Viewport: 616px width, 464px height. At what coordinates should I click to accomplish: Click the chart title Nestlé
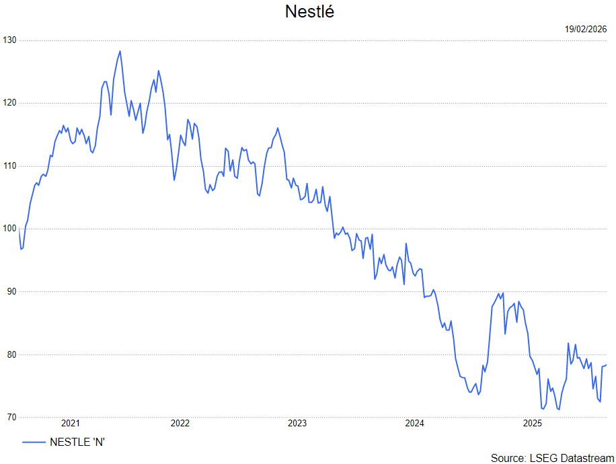(x=309, y=12)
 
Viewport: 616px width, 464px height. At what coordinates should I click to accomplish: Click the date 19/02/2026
(x=586, y=29)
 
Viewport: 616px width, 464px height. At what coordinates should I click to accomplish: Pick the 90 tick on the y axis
(x=11, y=292)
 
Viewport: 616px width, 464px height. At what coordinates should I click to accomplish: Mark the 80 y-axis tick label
(x=11, y=354)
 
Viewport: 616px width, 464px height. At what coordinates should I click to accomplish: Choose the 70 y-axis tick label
(x=11, y=418)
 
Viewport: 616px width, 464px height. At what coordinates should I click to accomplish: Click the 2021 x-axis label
(x=71, y=424)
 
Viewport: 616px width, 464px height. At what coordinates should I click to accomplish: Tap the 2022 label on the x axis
(x=180, y=424)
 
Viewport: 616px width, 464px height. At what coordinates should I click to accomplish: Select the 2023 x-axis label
(x=297, y=424)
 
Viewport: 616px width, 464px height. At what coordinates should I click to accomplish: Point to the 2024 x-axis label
(x=415, y=424)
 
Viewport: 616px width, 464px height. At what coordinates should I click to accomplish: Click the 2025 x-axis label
(x=533, y=424)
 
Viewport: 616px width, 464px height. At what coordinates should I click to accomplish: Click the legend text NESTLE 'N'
(x=78, y=442)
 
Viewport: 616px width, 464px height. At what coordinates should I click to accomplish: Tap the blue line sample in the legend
(x=34, y=442)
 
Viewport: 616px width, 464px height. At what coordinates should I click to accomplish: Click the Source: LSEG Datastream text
(x=548, y=458)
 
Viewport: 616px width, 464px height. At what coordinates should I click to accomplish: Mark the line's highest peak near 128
(x=120, y=51)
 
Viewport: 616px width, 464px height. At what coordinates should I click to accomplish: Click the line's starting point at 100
(x=20, y=229)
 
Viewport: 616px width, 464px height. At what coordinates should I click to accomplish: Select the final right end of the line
(x=606, y=365)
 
